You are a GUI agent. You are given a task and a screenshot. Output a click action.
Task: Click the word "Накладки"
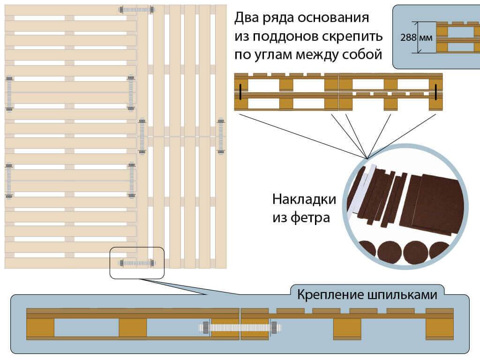(x=304, y=200)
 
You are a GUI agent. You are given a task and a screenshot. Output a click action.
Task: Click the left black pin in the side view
(x=239, y=92)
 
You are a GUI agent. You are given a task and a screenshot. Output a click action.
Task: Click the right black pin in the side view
(x=435, y=92)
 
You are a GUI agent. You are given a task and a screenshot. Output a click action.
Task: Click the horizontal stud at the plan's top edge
(x=136, y=9)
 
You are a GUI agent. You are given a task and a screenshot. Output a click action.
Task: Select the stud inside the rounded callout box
(x=137, y=263)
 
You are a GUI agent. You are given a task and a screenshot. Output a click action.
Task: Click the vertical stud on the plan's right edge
(x=221, y=136)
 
